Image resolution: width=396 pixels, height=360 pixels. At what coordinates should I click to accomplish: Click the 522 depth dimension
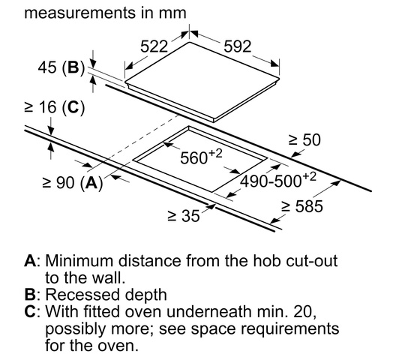pos(154,46)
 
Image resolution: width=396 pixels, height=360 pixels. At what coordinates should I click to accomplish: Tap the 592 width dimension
pos(238,46)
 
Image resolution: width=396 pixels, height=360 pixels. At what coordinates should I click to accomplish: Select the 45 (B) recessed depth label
pos(61,67)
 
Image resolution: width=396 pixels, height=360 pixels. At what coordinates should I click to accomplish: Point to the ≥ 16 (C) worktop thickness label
pos(54,107)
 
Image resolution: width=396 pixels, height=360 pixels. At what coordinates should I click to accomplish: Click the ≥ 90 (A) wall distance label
pos(73,182)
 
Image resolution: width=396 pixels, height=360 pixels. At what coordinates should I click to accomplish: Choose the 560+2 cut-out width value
pos(201,157)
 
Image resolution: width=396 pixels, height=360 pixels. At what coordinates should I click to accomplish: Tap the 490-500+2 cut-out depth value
pos(277,180)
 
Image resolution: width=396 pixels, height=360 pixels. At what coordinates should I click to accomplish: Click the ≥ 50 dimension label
pos(304,139)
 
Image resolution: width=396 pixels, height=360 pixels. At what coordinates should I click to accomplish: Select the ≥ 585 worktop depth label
pos(302,206)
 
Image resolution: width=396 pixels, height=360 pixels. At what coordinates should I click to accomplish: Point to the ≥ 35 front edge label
pos(184,216)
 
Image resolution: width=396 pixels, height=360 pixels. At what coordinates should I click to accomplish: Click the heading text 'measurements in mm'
pos(105,13)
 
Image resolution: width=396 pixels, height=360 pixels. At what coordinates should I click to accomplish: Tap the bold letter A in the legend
pos(31,260)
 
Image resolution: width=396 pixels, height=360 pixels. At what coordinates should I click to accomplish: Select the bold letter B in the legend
pos(30,295)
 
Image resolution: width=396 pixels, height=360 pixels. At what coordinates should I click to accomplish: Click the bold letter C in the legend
pos(31,311)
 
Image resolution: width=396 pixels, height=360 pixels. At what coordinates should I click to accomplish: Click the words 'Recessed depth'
pos(106,295)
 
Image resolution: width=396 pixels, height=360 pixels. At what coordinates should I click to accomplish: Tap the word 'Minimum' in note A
pos(79,260)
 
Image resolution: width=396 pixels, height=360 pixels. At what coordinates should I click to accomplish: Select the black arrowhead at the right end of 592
pos(274,64)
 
